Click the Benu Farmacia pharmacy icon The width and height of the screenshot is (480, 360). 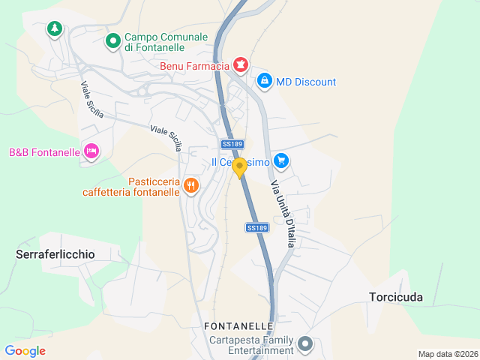[x=240, y=66]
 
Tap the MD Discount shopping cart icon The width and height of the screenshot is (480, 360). [x=264, y=81]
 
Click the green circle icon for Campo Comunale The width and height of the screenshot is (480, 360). [x=112, y=41]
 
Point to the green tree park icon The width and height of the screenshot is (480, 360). [x=54, y=29]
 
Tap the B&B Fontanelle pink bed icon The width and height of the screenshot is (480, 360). [x=91, y=151]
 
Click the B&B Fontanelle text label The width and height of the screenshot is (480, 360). [x=44, y=152]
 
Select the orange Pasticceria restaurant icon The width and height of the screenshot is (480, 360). [x=191, y=184]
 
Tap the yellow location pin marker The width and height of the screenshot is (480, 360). [x=239, y=167]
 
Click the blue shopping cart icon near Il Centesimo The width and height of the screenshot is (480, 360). [x=281, y=160]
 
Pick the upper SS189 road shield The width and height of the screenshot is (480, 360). [x=232, y=143]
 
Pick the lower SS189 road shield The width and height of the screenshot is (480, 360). [x=256, y=227]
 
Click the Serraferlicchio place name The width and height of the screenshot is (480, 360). [x=55, y=254]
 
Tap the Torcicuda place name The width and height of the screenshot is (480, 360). [x=396, y=296]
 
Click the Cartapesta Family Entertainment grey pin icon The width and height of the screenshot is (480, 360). [x=305, y=344]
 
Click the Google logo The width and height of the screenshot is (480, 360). [x=25, y=350]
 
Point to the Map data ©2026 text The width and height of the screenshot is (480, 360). [x=447, y=354]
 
